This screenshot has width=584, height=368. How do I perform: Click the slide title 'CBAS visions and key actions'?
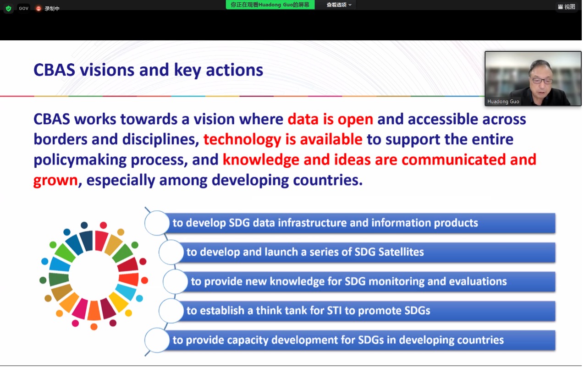point(148,70)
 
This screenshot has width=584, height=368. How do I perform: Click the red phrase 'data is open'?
point(330,120)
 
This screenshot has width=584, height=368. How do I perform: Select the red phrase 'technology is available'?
point(283,140)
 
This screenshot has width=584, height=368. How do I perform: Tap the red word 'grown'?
point(55,180)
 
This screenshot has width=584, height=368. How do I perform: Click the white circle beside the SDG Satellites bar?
point(171,252)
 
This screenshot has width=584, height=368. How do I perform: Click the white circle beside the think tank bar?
point(171,311)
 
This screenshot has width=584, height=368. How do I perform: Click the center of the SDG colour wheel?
point(94,276)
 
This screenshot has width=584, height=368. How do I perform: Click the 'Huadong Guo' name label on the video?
point(503,101)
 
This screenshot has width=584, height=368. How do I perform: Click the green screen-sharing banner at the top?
point(270,5)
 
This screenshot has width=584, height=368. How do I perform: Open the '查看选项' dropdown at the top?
point(339,5)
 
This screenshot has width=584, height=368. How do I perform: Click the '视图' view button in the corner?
point(567,6)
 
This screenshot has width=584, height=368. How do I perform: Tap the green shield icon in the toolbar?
point(8,8)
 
